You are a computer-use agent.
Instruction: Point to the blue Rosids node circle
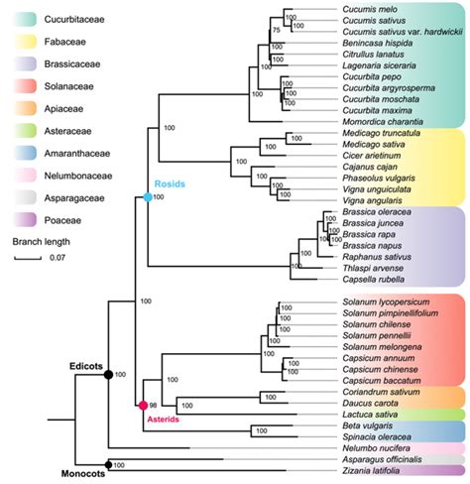(x=147, y=198)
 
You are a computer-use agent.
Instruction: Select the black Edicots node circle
(x=107, y=374)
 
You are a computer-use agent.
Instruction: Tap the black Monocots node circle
(x=107, y=464)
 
